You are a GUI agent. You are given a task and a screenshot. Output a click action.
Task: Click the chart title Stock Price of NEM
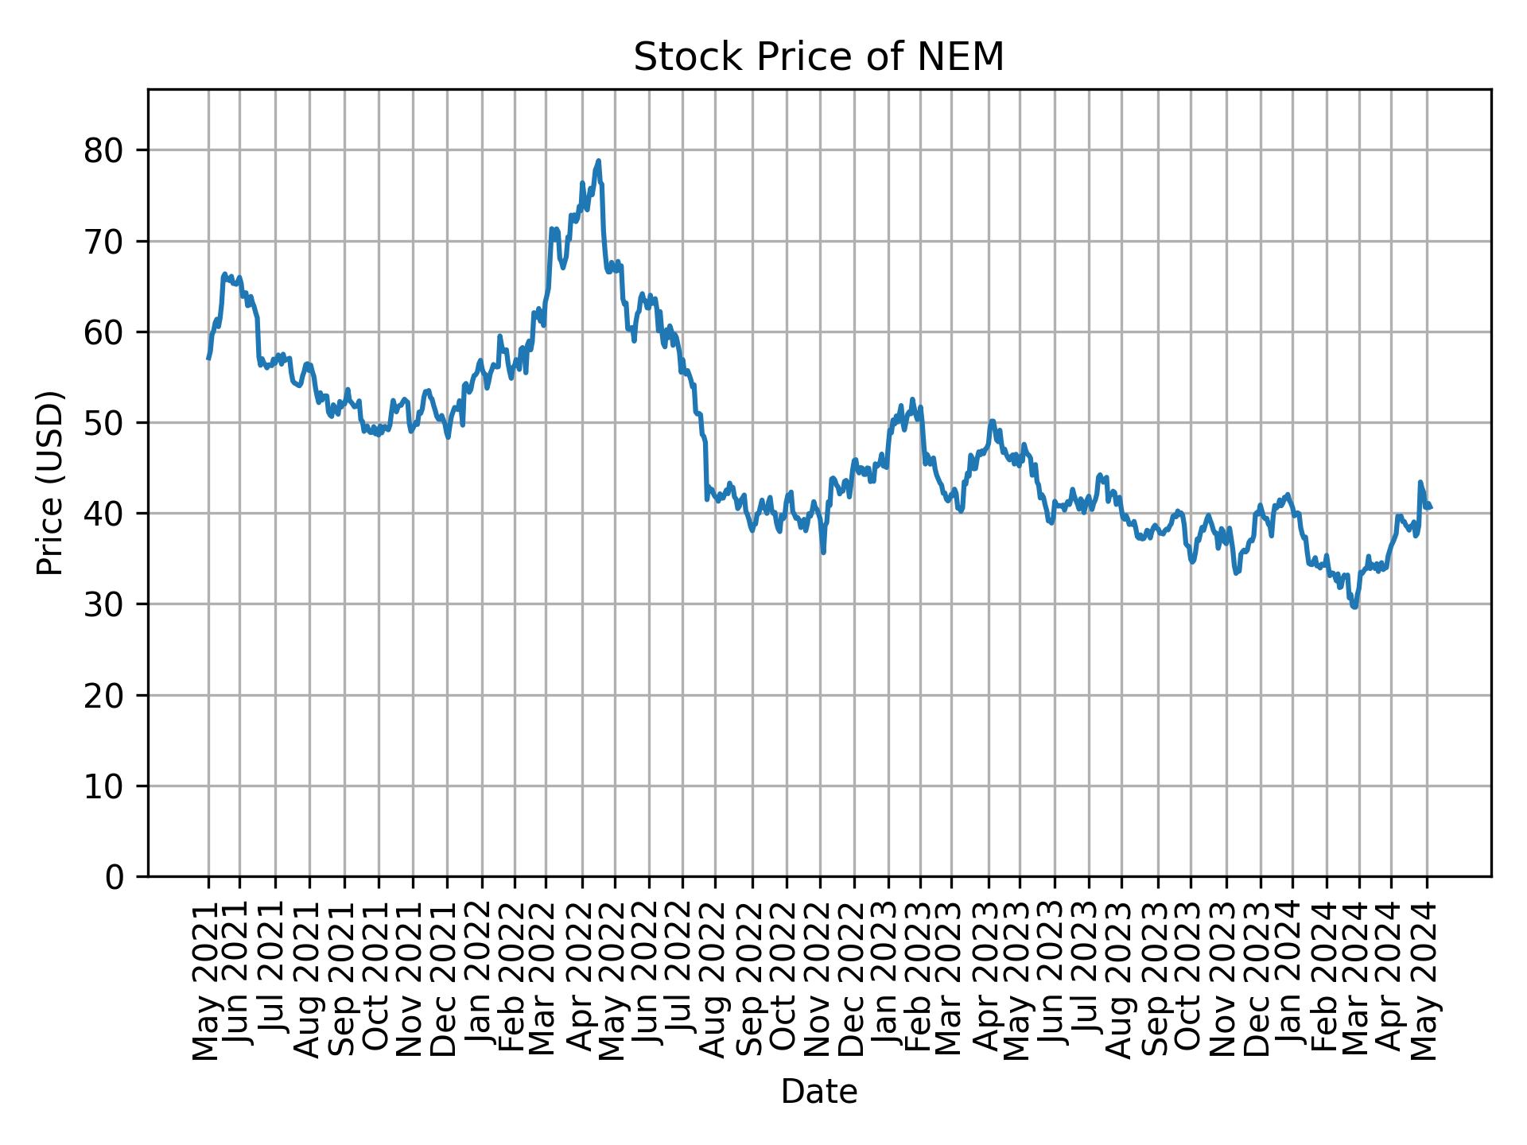click(x=818, y=57)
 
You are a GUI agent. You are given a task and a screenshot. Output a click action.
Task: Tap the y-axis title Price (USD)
click(x=49, y=483)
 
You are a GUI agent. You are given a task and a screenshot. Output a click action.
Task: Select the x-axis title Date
click(x=818, y=1092)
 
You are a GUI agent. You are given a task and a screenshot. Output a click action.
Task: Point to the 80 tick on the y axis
click(x=103, y=150)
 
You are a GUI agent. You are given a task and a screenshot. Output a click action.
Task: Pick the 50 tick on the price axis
click(x=103, y=423)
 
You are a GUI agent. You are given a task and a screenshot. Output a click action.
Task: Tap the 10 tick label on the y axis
click(x=103, y=786)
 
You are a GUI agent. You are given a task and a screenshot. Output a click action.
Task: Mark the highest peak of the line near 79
click(x=598, y=161)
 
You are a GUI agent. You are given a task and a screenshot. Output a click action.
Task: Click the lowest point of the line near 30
click(x=1354, y=607)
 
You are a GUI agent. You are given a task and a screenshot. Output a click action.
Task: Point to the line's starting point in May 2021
click(x=208, y=359)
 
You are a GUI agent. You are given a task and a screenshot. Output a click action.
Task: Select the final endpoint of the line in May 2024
click(x=1431, y=507)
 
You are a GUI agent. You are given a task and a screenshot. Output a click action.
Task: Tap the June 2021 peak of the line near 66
click(x=225, y=274)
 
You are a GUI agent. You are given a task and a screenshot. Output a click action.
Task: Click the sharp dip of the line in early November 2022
click(x=823, y=553)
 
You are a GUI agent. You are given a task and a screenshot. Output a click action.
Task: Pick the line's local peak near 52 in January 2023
click(x=912, y=399)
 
